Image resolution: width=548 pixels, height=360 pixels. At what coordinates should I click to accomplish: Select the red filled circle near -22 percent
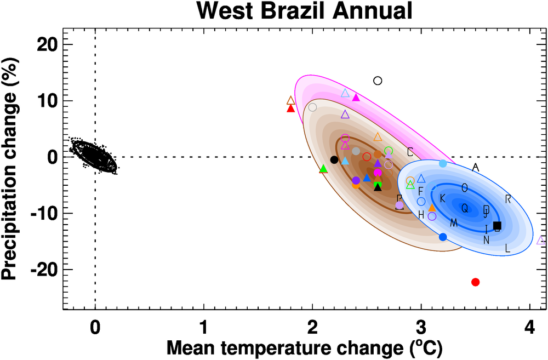475,282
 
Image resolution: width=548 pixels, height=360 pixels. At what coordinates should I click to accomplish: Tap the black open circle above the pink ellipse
378,81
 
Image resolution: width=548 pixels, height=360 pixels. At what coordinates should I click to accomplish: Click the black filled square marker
497,225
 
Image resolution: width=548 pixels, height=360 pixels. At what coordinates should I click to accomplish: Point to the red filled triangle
291,108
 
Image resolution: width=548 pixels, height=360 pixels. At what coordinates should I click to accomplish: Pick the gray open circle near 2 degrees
312,107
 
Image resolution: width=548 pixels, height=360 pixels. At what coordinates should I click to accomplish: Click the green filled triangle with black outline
323,169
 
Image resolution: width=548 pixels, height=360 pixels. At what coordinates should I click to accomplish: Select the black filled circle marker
334,159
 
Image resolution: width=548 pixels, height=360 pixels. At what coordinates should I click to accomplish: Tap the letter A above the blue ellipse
476,167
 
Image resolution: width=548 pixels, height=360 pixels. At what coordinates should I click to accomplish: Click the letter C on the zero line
410,151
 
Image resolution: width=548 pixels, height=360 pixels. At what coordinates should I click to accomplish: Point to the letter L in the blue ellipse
507,249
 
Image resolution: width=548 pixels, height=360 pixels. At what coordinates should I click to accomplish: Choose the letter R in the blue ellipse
508,199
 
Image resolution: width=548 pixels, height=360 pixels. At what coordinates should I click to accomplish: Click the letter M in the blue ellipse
454,222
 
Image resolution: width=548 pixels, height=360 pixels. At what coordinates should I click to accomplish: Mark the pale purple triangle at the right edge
541,240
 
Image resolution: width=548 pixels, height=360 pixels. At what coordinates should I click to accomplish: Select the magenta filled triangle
356,98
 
